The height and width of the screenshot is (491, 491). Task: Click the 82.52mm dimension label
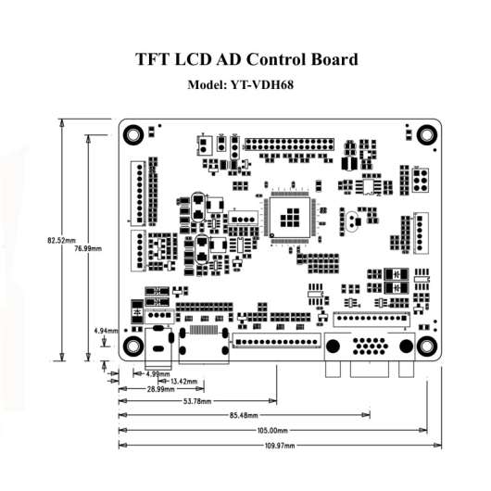click(61, 241)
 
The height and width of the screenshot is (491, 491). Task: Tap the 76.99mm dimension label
click(88, 248)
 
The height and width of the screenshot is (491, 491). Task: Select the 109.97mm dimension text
click(280, 446)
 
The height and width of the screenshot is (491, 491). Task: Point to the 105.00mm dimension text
click(272, 431)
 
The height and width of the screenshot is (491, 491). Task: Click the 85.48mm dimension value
click(244, 416)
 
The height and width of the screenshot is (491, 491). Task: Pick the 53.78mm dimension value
click(197, 401)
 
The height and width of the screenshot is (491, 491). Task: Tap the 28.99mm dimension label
click(160, 389)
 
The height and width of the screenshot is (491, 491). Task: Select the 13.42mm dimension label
click(183, 382)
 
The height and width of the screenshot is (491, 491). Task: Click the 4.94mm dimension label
click(107, 331)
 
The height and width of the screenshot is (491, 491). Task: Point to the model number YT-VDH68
click(262, 84)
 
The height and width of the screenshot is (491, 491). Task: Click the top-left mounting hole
click(133, 135)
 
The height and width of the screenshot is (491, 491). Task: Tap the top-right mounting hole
click(427, 135)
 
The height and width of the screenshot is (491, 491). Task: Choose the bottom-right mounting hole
click(427, 346)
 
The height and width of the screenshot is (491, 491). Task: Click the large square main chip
click(290, 218)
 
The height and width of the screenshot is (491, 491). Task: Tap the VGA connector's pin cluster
click(370, 346)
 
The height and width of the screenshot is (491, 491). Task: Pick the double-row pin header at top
click(289, 145)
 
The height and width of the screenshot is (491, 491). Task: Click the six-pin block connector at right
click(421, 181)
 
